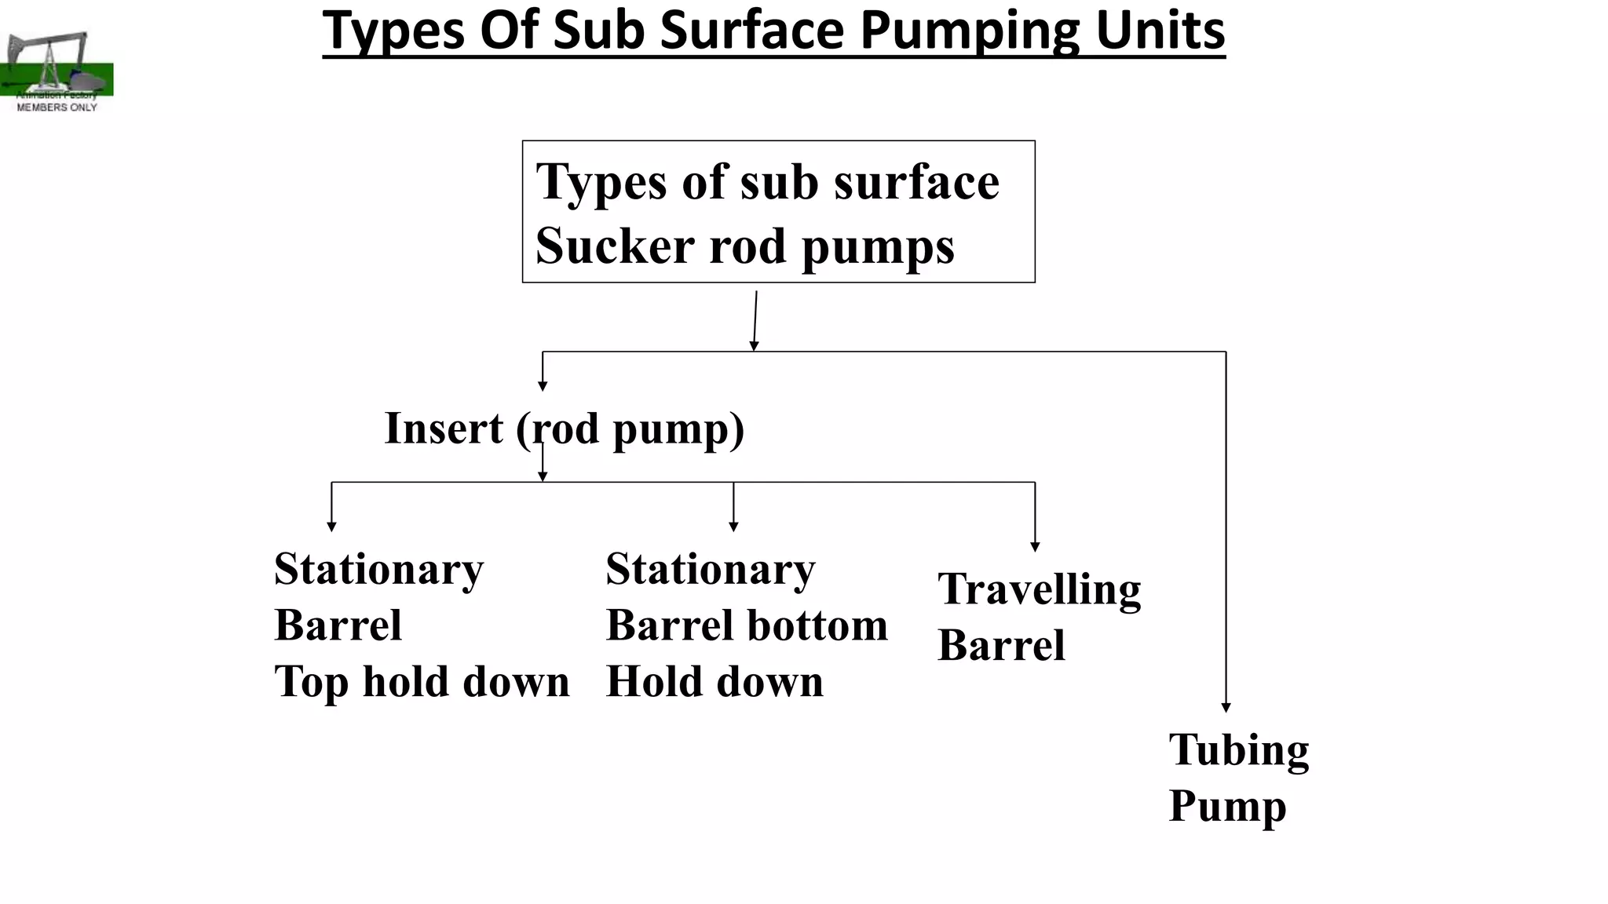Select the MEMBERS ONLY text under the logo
click(x=57, y=108)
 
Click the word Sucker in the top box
click(x=615, y=246)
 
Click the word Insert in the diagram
click(x=444, y=428)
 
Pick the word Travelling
click(x=1039, y=589)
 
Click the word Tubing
click(x=1238, y=750)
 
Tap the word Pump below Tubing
click(x=1227, y=807)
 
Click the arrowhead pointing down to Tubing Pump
click(x=1226, y=708)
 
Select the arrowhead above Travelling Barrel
click(x=1035, y=547)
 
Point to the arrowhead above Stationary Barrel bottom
click(x=733, y=527)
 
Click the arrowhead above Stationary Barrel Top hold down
click(x=331, y=527)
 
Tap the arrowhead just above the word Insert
click(x=543, y=385)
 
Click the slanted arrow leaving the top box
click(x=755, y=320)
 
